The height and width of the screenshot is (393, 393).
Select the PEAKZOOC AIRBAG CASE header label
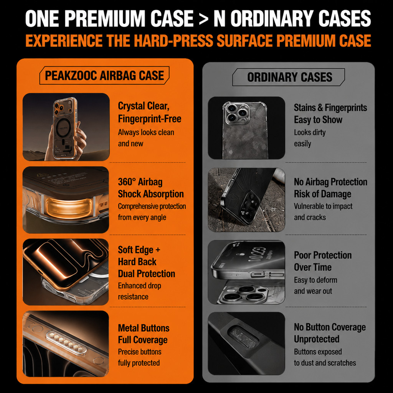click(104, 76)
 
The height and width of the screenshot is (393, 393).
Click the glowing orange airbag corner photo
click(66, 200)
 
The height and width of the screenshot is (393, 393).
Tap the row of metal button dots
click(66, 342)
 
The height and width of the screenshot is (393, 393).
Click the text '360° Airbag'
click(140, 182)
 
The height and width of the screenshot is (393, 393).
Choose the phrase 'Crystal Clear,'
click(144, 106)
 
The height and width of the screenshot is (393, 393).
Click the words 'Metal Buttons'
click(144, 328)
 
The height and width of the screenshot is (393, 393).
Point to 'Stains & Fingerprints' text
click(330, 108)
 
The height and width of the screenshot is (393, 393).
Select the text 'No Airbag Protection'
click(330, 182)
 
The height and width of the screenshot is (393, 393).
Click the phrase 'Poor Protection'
click(323, 255)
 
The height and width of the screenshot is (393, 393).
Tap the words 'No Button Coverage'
click(330, 327)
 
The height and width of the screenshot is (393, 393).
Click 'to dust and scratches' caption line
click(325, 363)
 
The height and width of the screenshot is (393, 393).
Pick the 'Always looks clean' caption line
click(146, 132)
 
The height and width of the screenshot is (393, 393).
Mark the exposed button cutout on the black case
click(243, 337)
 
